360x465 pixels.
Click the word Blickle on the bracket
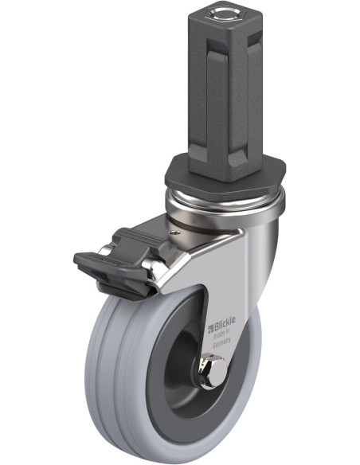point(225,324)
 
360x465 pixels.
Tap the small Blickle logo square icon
point(211,329)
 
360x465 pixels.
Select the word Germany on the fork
point(221,344)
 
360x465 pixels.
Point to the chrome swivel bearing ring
point(225,205)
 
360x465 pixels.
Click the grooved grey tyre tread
point(115,373)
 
